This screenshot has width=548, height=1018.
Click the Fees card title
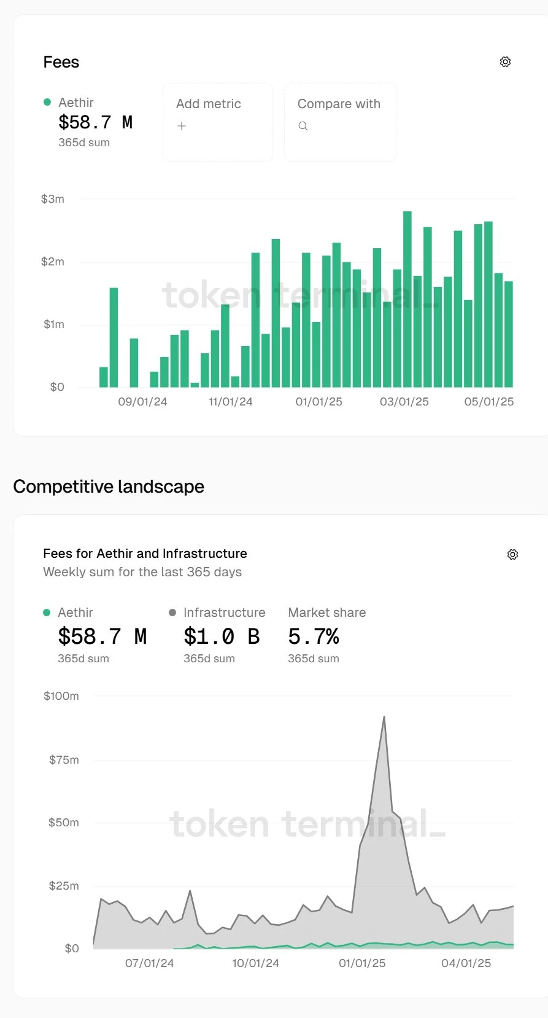click(x=61, y=62)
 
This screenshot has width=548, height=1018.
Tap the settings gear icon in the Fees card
click(x=505, y=62)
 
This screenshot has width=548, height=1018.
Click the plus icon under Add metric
click(x=182, y=126)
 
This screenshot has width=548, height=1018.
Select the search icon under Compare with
click(x=303, y=126)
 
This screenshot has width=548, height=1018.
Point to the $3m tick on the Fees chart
click(x=53, y=199)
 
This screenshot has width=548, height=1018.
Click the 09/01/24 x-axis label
click(x=142, y=402)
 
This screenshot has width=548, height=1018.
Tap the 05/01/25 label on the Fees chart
click(x=488, y=402)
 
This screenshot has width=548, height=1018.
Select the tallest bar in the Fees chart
click(x=407, y=299)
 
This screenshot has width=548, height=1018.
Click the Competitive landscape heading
click(x=109, y=487)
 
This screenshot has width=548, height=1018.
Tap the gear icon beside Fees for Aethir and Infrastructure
click(x=512, y=555)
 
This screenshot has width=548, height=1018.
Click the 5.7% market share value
click(x=314, y=636)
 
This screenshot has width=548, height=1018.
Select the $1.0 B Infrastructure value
click(x=222, y=636)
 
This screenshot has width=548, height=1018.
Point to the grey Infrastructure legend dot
click(x=172, y=613)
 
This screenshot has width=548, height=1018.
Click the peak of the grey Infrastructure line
click(x=384, y=717)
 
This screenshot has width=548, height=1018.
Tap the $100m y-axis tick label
click(x=61, y=696)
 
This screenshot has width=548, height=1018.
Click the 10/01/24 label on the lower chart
click(x=255, y=963)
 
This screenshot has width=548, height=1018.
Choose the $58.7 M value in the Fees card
click(x=95, y=122)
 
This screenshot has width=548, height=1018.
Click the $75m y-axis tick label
click(x=64, y=760)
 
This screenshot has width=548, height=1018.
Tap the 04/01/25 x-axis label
click(x=466, y=963)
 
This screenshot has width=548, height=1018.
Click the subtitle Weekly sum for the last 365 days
click(x=142, y=572)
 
